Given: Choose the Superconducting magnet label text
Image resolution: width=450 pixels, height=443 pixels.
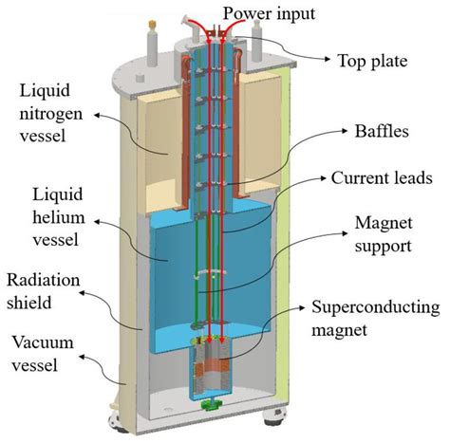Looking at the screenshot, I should (x=378, y=319).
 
